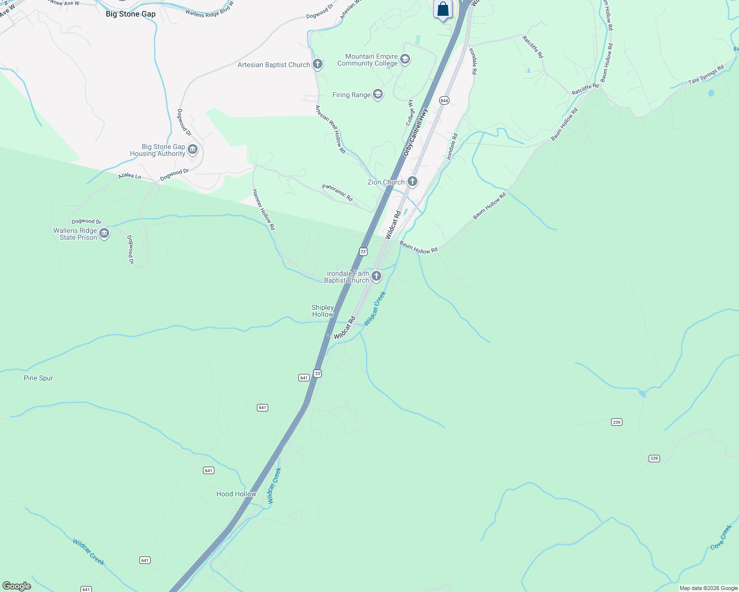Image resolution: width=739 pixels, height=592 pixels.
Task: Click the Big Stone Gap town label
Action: tap(130, 14)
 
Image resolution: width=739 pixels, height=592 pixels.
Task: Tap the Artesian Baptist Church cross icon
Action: tap(318, 64)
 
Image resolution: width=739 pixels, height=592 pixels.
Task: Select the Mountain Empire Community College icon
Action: tap(405, 60)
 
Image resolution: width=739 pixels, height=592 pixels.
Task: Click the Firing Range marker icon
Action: tap(378, 95)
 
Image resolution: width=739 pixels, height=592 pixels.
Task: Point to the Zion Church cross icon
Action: tap(412, 182)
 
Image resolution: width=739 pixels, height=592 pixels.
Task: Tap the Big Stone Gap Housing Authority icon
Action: tap(193, 150)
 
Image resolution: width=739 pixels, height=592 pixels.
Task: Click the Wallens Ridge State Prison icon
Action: tap(104, 234)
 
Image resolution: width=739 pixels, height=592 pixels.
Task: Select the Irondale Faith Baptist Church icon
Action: tap(376, 276)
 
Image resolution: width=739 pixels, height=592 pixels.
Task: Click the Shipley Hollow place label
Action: tap(323, 311)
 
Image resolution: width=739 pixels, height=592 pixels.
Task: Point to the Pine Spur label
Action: tap(39, 378)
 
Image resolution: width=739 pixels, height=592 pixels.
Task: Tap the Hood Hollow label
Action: tap(236, 494)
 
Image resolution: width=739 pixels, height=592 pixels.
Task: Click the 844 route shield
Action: tap(444, 101)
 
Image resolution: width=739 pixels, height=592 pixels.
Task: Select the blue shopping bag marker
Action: tap(443, 9)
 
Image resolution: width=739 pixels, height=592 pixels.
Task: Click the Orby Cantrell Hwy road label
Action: tap(415, 132)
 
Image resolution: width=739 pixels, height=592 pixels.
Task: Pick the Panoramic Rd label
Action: tap(337, 192)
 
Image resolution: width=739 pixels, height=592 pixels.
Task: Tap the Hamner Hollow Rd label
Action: tap(263, 209)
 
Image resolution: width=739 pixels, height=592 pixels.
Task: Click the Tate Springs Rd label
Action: tap(706, 74)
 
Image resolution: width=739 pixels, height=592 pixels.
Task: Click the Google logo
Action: tap(17, 586)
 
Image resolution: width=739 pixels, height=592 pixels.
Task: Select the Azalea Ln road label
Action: tap(129, 176)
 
